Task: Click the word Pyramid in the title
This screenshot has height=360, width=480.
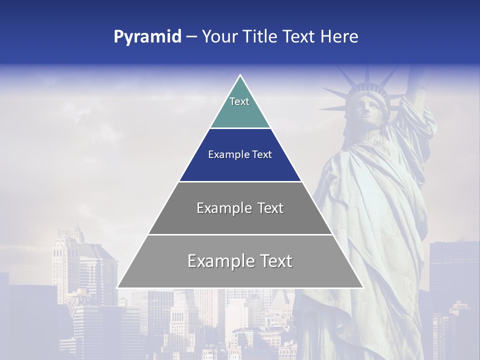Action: click(x=147, y=37)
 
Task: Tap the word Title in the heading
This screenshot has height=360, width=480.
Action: click(x=261, y=37)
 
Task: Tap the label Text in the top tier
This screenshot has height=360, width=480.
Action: click(x=239, y=101)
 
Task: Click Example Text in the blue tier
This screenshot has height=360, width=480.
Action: click(x=240, y=154)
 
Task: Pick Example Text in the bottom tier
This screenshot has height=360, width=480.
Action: click(x=240, y=261)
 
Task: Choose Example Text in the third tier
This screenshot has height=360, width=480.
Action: click(x=240, y=208)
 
